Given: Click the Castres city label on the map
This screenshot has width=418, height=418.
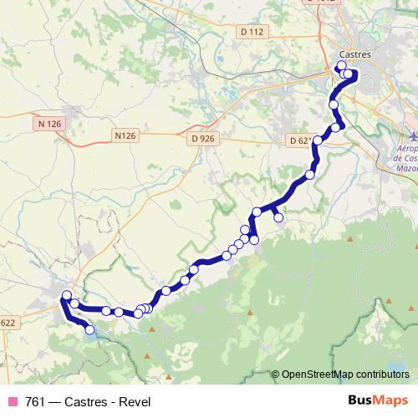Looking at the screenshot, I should coord(355,54).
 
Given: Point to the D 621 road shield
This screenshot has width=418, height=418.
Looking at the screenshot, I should coord(298,140).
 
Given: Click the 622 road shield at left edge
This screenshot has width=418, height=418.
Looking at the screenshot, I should coord(8,324).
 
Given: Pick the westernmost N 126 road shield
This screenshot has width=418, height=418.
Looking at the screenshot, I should coord(50,124).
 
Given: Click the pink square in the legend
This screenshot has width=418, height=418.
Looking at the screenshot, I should coord(13,401).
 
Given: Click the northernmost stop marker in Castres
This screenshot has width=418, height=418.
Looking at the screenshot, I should coord(341,65).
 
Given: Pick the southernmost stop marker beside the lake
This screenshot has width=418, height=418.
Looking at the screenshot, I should coord(89,329).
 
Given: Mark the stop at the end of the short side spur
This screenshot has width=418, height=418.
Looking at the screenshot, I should coord(279,218).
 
